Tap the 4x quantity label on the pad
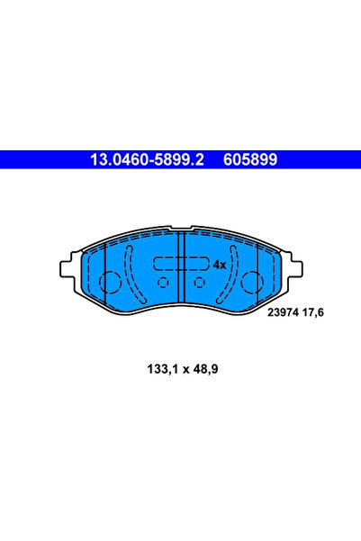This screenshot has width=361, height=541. [218, 265]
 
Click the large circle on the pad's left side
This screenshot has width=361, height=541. [109, 284]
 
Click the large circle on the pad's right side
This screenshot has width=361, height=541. [253, 284]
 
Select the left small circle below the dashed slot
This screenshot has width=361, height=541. [163, 282]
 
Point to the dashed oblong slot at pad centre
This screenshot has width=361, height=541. [179, 265]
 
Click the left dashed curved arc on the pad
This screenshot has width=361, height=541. [130, 275]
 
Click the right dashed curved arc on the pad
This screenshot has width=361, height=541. [232, 275]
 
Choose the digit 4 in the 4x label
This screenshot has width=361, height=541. [215, 265]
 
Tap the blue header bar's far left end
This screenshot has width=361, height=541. [5, 159]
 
